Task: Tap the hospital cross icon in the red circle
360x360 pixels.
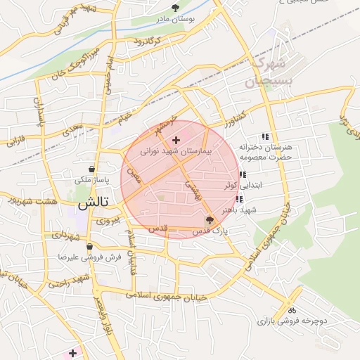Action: point(176,141)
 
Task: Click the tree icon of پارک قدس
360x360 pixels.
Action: point(209,220)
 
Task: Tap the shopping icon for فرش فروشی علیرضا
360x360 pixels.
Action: point(89,247)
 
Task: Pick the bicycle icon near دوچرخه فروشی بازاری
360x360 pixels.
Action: point(291,310)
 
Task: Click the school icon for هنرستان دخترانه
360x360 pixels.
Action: point(265,136)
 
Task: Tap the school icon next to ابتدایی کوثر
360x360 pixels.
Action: point(243,175)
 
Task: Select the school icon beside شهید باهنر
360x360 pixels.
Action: point(239,199)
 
